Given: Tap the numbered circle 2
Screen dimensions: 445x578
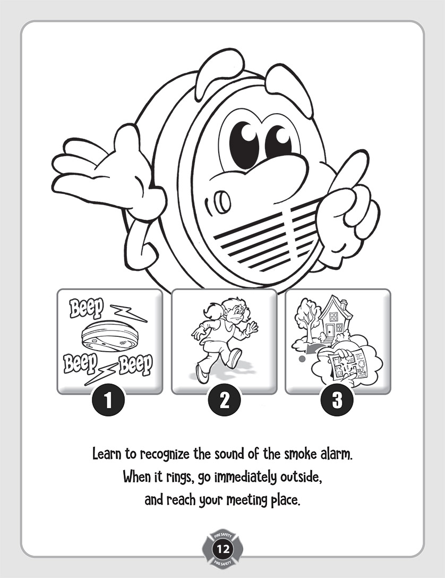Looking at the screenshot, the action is [224, 401].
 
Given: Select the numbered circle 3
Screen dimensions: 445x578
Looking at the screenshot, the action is [337, 401].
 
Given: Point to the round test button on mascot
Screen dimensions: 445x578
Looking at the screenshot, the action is [222, 201].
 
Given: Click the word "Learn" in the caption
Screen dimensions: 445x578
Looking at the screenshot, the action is [107, 454].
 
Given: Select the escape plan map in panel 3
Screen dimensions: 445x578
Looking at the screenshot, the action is [346, 363].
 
